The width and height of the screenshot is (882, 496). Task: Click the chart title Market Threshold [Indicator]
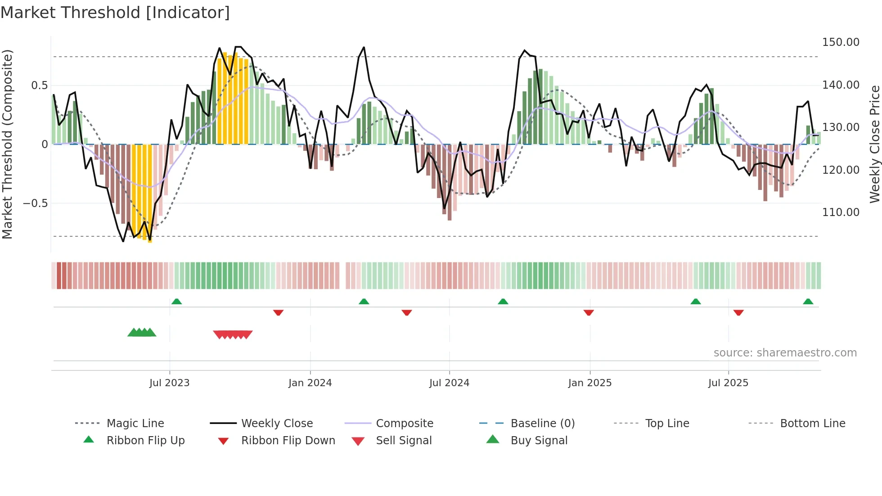click(115, 13)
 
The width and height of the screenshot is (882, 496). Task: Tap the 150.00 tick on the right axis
click(841, 42)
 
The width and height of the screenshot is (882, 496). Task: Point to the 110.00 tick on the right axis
click(841, 212)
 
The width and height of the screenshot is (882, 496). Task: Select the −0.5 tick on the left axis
click(35, 203)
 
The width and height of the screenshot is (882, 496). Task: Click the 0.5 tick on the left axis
click(39, 86)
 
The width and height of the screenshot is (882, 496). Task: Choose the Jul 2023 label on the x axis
click(169, 383)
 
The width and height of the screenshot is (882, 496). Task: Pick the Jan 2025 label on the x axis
click(589, 383)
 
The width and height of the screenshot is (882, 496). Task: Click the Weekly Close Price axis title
click(874, 144)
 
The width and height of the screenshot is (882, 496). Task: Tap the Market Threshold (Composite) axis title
click(8, 144)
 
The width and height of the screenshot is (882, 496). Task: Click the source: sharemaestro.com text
click(785, 353)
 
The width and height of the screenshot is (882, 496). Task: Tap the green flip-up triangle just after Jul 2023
click(176, 302)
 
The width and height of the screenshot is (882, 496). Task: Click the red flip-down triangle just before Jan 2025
click(589, 312)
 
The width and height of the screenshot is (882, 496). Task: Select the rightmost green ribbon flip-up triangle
click(808, 302)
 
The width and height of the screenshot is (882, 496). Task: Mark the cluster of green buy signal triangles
click(142, 333)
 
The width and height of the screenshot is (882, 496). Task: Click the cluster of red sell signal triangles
click(233, 334)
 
